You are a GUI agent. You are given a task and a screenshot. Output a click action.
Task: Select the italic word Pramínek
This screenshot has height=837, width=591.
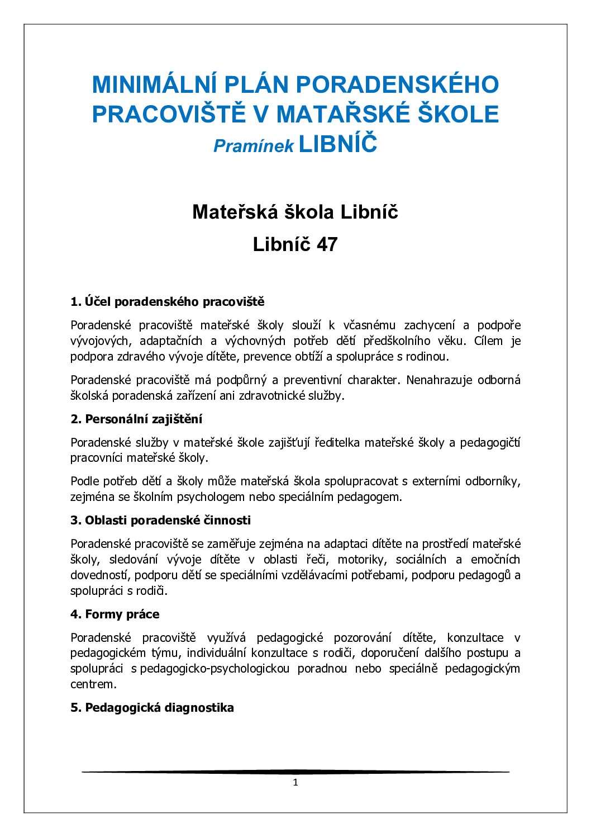[254, 146]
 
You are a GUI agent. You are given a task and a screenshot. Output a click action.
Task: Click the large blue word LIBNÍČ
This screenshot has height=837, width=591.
[338, 144]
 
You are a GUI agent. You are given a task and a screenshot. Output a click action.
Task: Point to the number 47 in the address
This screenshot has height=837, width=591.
[327, 244]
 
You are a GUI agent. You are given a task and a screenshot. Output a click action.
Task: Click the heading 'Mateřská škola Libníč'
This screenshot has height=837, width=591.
[295, 212]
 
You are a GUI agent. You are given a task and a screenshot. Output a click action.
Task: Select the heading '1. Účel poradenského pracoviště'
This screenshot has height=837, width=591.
[167, 302]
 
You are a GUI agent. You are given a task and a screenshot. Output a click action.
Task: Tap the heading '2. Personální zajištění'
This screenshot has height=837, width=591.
[136, 419]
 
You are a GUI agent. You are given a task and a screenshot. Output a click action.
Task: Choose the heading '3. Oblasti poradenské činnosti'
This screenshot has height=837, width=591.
[160, 521]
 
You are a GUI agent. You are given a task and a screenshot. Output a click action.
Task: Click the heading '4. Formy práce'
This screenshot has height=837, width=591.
[115, 614]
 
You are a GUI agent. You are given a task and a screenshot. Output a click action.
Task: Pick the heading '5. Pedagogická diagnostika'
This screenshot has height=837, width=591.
[152, 708]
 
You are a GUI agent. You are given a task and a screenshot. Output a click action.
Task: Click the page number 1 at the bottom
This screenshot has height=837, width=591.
[295, 783]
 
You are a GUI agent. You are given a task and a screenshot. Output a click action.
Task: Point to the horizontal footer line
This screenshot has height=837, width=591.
[295, 772]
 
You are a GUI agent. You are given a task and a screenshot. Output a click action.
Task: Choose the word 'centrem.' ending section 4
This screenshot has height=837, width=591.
[93, 684]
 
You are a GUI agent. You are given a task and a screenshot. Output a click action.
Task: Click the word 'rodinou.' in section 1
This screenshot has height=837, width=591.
[427, 357]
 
